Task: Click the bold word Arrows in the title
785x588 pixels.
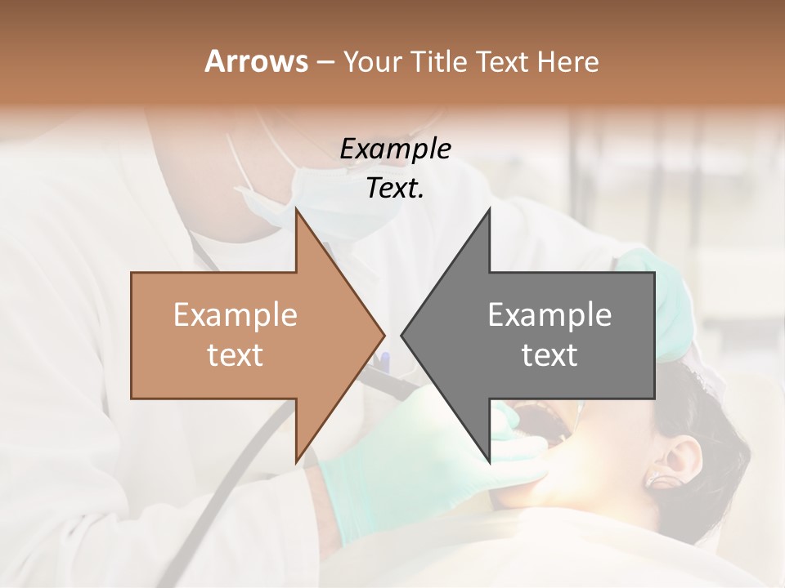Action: [256, 61]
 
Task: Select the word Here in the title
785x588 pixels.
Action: [567, 61]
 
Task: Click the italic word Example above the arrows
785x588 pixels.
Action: [395, 149]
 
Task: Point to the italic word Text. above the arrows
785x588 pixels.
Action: [395, 188]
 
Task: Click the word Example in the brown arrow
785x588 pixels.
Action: [235, 315]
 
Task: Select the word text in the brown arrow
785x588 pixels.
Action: [235, 354]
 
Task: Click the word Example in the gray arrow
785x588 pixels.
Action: [549, 315]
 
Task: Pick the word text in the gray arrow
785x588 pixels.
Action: [549, 354]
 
